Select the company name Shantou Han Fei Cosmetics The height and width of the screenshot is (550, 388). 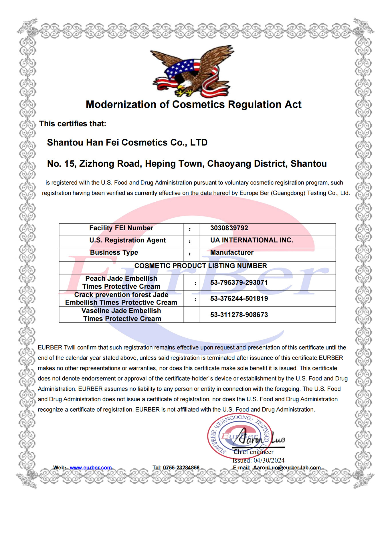click(127, 142)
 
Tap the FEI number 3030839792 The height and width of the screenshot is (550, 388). click(229, 228)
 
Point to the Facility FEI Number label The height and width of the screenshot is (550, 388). click(121, 228)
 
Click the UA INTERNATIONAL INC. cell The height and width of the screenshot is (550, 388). click(252, 240)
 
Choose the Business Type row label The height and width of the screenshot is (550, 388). click(114, 252)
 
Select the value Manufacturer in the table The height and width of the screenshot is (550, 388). click(232, 252)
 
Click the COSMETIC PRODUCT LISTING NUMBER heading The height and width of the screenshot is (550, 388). click(200, 266)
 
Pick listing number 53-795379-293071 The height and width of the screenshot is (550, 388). click(239, 282)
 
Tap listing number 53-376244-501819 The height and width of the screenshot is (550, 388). click(239, 298)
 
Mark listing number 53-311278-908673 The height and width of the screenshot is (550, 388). click(239, 315)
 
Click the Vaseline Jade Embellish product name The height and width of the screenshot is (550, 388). click(121, 315)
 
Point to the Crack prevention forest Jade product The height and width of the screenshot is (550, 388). click(121, 298)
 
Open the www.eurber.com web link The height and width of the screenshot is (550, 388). click(90, 467)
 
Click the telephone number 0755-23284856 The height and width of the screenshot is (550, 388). click(181, 467)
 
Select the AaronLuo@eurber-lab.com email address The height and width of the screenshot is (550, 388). click(286, 467)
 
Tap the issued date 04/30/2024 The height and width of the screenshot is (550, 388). click(269, 460)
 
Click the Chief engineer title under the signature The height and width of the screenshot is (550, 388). click(253, 452)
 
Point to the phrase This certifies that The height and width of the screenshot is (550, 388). click(73, 124)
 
